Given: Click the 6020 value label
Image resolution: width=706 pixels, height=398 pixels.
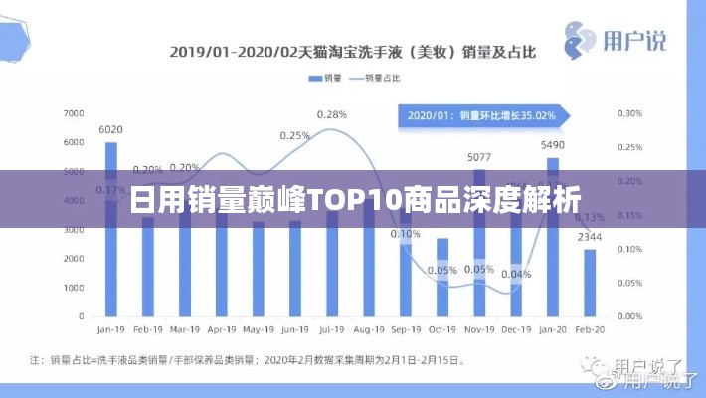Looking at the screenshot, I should (111, 129).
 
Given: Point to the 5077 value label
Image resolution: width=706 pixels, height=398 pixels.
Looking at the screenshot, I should (479, 157).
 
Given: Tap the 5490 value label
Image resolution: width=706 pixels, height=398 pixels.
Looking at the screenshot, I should (553, 145).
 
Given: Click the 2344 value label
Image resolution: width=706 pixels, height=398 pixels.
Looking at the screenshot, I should (590, 237).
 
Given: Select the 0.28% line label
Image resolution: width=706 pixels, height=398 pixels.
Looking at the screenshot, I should (332, 115).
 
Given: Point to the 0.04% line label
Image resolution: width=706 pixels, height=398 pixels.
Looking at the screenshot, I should (516, 274).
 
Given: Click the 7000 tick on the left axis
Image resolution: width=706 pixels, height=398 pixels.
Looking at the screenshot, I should (74, 114).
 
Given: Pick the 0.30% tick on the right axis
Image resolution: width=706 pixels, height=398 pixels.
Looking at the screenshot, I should (629, 114).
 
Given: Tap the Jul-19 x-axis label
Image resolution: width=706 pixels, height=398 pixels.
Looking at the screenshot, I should (332, 327).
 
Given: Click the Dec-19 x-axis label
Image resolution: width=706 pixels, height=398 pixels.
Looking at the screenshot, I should (516, 327).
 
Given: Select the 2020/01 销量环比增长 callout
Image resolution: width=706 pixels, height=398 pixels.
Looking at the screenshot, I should (481, 115).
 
